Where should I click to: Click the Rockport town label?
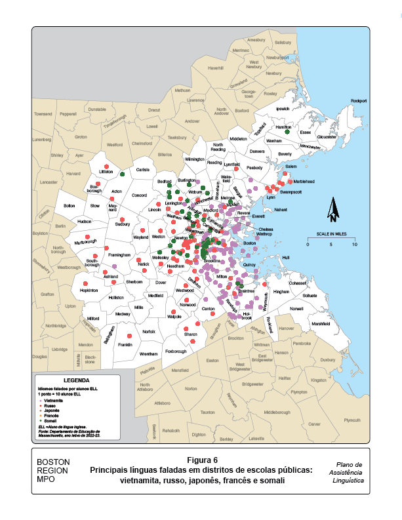359,100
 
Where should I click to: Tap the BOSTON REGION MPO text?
53,470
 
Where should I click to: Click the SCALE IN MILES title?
332,233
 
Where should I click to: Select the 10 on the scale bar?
355,245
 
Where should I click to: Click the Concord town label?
140,195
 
